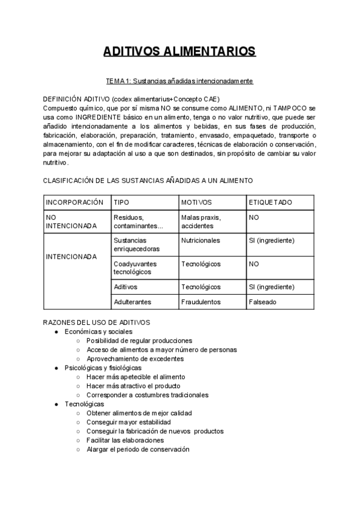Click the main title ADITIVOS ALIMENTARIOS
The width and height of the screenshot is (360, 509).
point(179,51)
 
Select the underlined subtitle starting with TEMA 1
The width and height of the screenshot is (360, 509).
point(179,80)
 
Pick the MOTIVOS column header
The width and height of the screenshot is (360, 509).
point(196,202)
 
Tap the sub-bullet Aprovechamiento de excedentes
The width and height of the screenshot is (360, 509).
point(134,358)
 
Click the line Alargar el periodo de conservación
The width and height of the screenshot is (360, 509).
point(137,449)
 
